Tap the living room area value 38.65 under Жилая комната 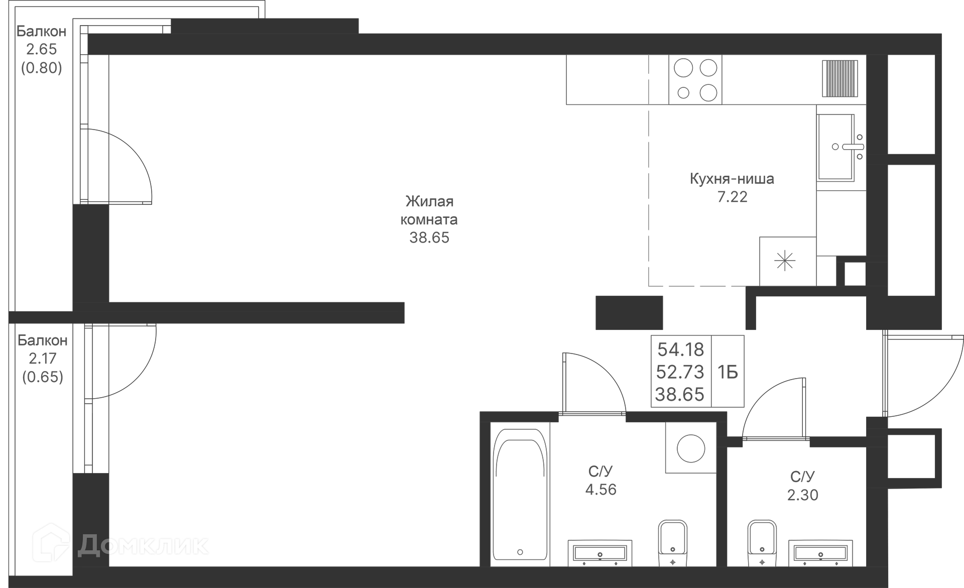click(x=429, y=238)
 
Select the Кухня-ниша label click(x=732, y=179)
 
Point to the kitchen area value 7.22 click(x=732, y=197)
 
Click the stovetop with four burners click(x=695, y=80)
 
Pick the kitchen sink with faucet click(x=836, y=147)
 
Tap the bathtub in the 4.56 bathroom click(x=520, y=495)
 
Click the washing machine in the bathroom click(x=690, y=447)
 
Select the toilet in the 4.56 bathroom click(x=672, y=543)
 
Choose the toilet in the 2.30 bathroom click(x=762, y=543)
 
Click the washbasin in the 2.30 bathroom click(x=820, y=553)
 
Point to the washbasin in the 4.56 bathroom click(x=600, y=553)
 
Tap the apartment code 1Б click(x=728, y=372)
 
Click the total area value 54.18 click(x=681, y=349)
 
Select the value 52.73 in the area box click(x=680, y=372)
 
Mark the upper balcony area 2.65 click(x=42, y=49)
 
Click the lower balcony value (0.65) click(x=43, y=377)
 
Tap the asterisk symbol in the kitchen click(x=785, y=261)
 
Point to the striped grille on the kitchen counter click(x=840, y=78)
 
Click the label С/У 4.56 click(x=600, y=481)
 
